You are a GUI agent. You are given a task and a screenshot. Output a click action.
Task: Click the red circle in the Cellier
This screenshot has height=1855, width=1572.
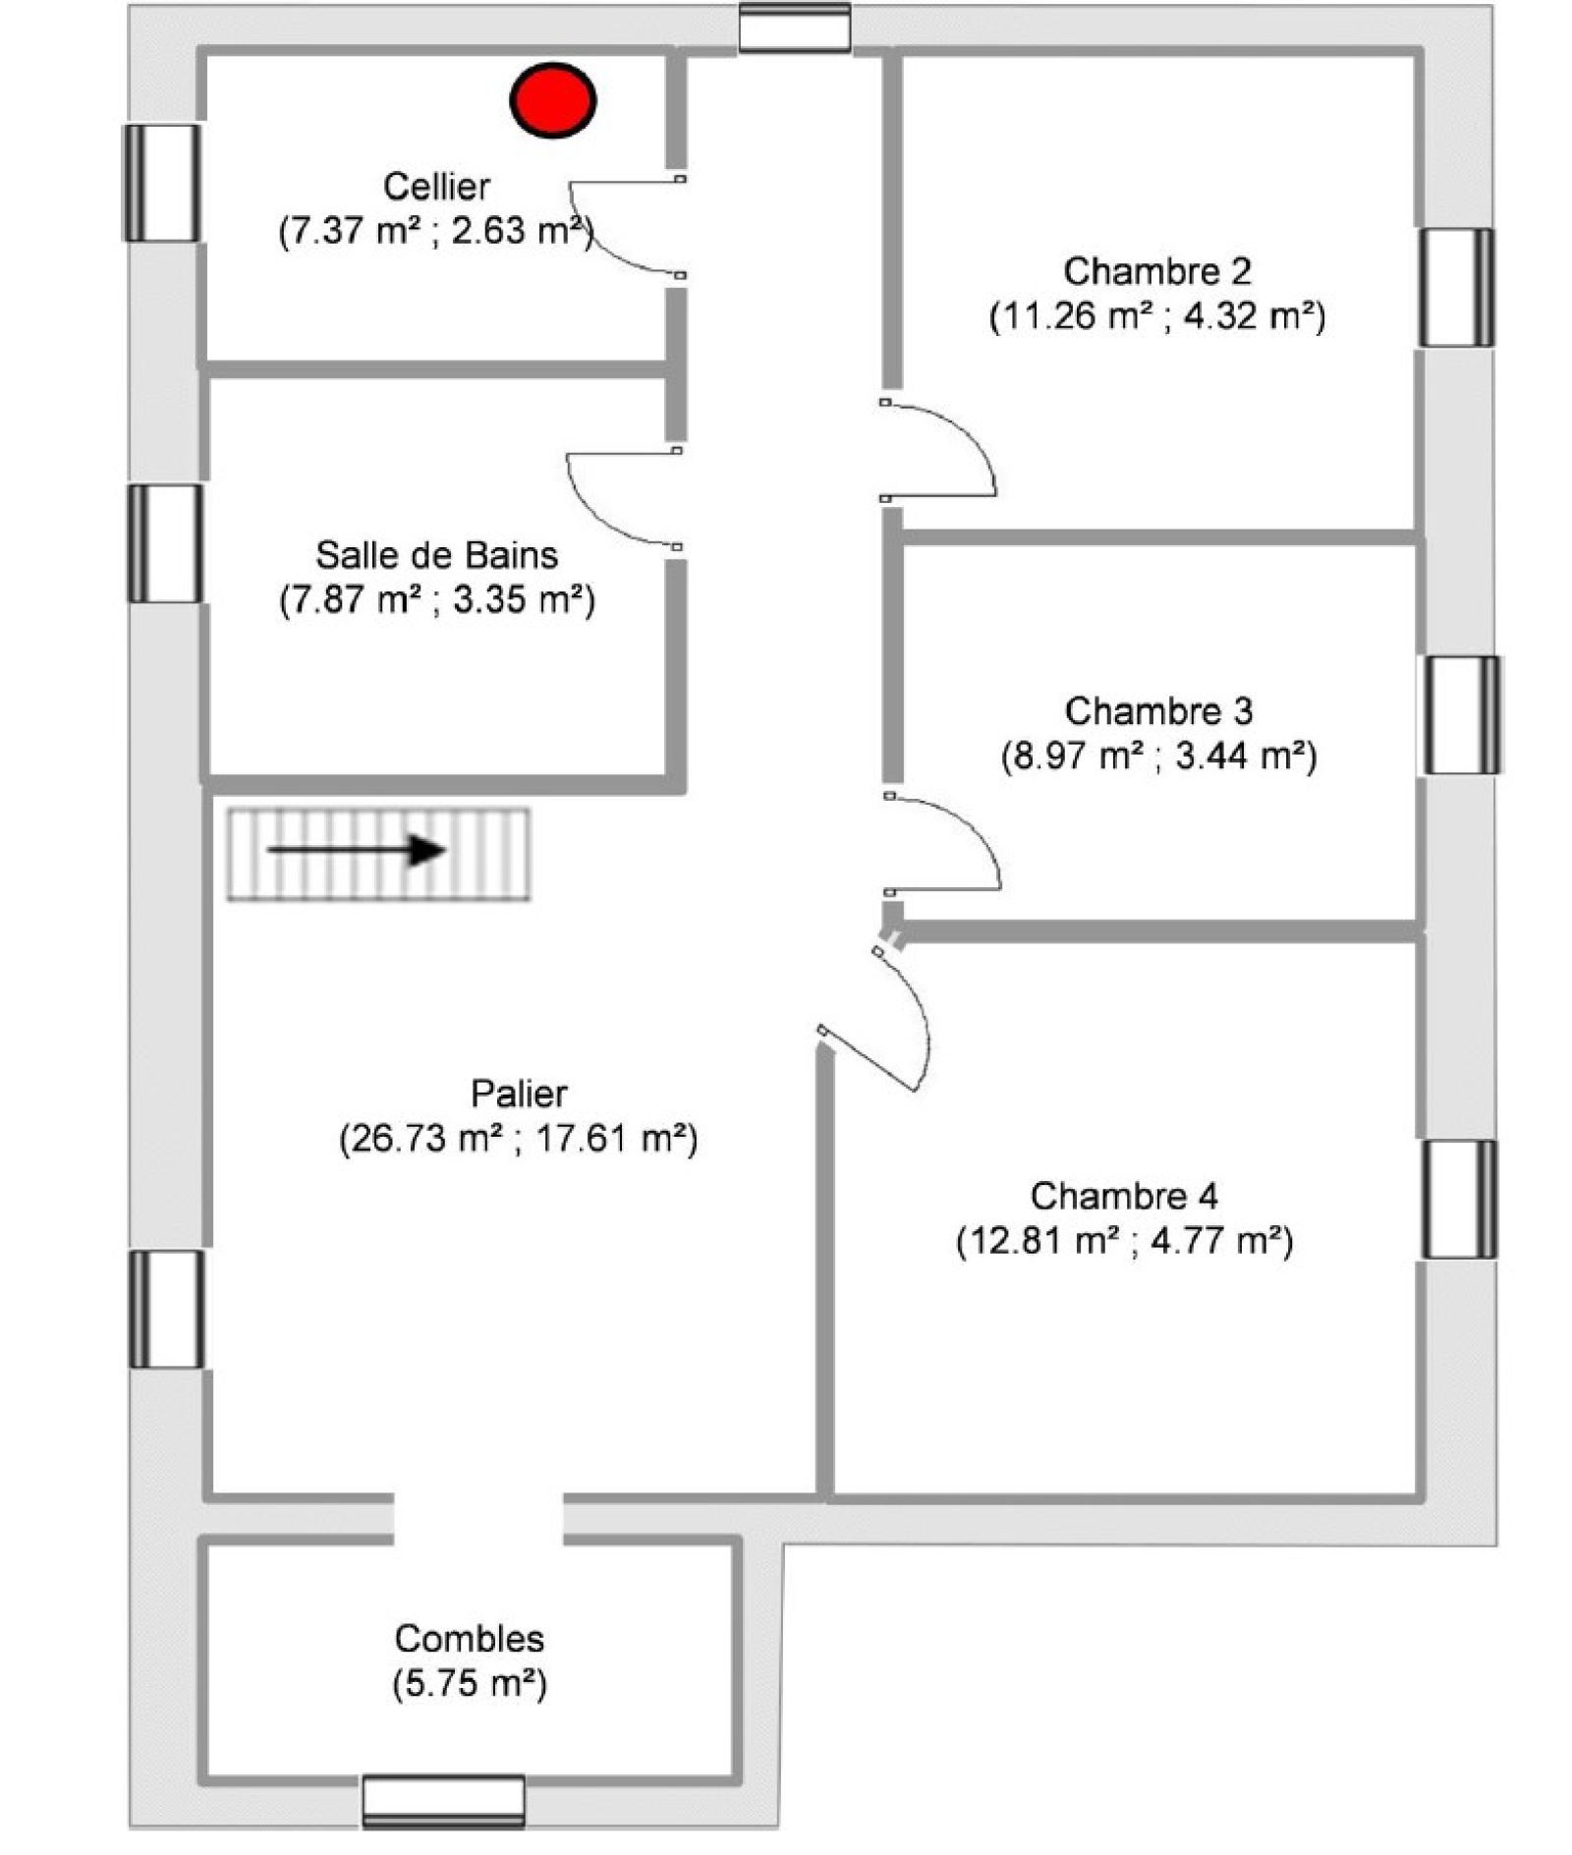point(552,99)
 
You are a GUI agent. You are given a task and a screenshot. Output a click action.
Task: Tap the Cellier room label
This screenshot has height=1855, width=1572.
point(436,186)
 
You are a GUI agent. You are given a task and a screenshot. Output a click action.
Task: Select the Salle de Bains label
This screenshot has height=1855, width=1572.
point(436,555)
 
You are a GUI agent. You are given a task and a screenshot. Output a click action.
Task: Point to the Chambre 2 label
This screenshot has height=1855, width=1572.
point(1157,271)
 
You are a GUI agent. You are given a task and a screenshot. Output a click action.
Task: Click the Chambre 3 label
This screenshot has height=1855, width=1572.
point(1158,710)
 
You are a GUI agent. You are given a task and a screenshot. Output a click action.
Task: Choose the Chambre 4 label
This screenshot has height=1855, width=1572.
point(1124,1196)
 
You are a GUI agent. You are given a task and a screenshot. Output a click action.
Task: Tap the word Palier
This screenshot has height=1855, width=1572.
point(519,1093)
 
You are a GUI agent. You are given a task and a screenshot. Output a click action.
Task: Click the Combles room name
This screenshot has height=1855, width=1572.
point(470,1638)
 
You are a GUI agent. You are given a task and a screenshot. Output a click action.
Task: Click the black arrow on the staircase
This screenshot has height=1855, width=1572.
point(357,850)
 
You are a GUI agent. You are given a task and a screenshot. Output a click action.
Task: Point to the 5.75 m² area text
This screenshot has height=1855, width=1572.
point(470,1683)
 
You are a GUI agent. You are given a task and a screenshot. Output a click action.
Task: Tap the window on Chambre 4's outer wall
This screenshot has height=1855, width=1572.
point(1460,1199)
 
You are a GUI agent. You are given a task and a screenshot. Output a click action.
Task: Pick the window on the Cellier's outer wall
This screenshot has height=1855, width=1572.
point(162,183)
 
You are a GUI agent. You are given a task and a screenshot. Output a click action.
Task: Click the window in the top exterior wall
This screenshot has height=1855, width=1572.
point(794,27)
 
